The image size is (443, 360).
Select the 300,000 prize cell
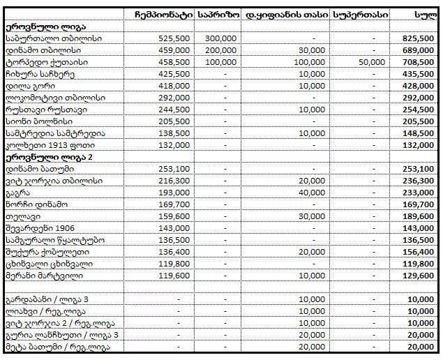click(x=221, y=38)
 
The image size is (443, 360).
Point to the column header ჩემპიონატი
click(x=163, y=13)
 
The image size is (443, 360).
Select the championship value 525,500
click(x=174, y=38)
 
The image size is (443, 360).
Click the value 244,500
click(x=174, y=110)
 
